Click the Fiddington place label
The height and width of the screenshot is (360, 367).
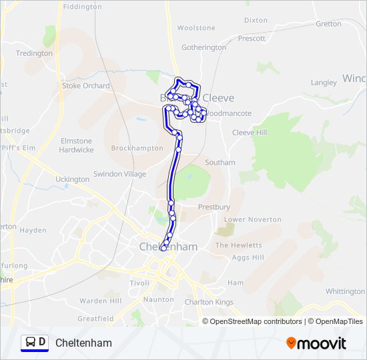pos(82,7)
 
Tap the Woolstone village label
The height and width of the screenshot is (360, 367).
pos(196,28)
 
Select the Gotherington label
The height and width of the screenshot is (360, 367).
pos(204,48)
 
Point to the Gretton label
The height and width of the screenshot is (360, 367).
pos(328,23)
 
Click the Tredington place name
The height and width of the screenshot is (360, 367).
pos(34,53)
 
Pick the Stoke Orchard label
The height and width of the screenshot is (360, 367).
pos(86,86)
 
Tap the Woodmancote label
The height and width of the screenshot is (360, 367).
pos(228,113)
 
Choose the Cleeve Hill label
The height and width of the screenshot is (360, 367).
pos(249,133)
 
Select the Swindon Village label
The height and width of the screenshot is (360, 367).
pos(119,174)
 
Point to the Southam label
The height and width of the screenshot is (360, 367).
pos(220,163)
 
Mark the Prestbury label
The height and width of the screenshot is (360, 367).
pos(214,207)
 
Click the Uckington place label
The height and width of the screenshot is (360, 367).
pos(72,179)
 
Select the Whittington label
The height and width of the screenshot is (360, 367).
pos(345,291)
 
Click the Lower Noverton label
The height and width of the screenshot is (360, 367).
pos(253,219)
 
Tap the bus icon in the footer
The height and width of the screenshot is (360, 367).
pos(30,343)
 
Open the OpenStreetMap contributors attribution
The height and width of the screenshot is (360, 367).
pos(256,321)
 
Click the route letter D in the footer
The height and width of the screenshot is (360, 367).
pos(42,343)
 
